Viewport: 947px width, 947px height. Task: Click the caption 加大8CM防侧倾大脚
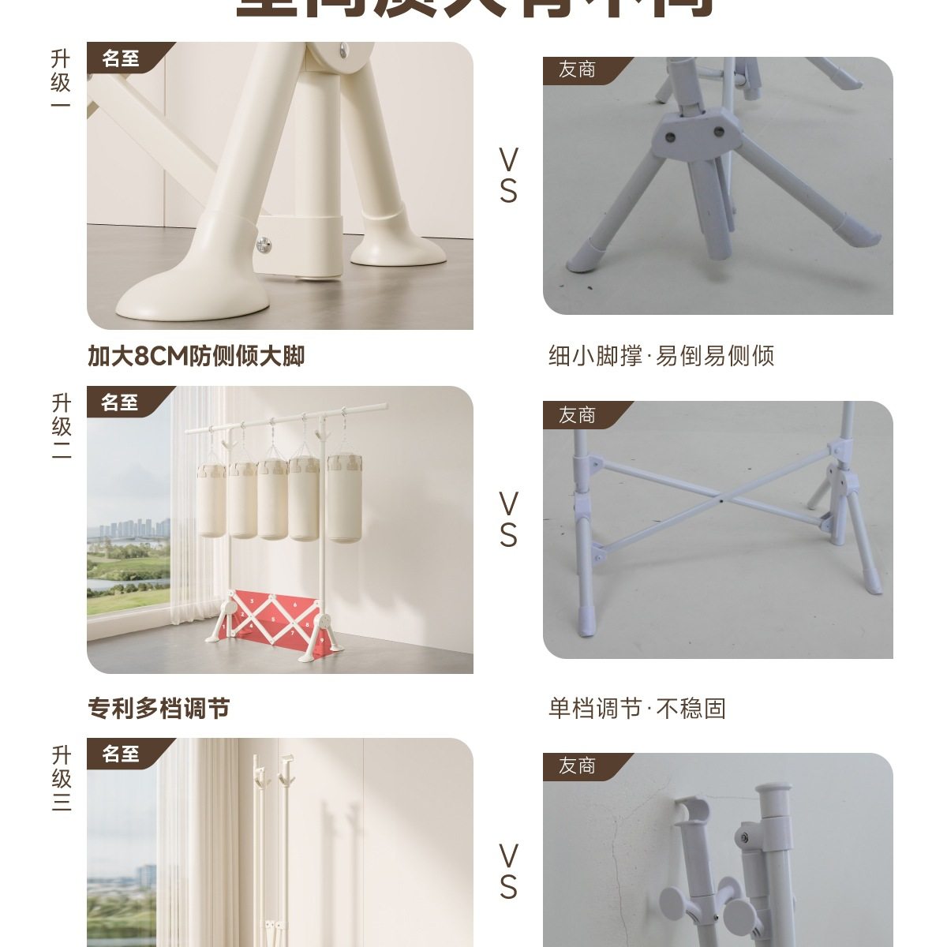pos(196,356)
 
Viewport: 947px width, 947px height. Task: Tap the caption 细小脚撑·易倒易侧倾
pos(661,356)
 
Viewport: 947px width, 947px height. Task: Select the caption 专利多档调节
pos(159,708)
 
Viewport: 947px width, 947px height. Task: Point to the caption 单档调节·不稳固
pos(637,708)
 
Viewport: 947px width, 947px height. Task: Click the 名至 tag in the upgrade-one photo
pos(121,58)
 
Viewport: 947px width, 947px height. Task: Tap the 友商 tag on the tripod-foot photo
pos(577,70)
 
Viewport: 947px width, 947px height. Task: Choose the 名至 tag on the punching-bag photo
pos(121,402)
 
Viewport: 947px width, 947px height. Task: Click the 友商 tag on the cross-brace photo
pos(577,415)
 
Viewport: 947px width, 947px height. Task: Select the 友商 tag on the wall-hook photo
pos(577,765)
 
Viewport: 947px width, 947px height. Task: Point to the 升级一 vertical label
pos(61,81)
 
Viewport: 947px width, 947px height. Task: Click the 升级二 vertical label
pos(61,426)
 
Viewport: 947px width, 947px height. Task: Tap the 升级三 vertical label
pos(61,778)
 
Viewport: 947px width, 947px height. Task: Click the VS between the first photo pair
pos(508,176)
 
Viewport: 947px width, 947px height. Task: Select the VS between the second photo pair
pos(508,519)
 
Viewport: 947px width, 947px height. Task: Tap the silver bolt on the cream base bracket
pos(264,245)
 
